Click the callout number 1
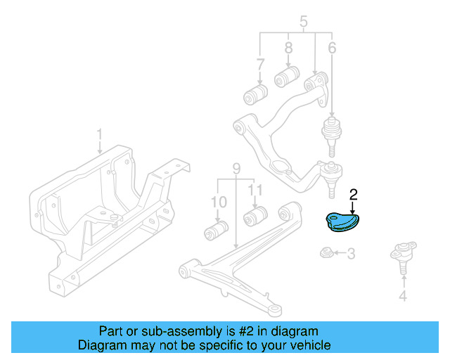[99, 133]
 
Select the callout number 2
[354, 193]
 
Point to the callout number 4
[402, 296]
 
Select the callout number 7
[260, 64]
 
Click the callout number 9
[236, 168]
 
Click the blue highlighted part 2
[340, 221]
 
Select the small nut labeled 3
[326, 252]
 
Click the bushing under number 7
[255, 94]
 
